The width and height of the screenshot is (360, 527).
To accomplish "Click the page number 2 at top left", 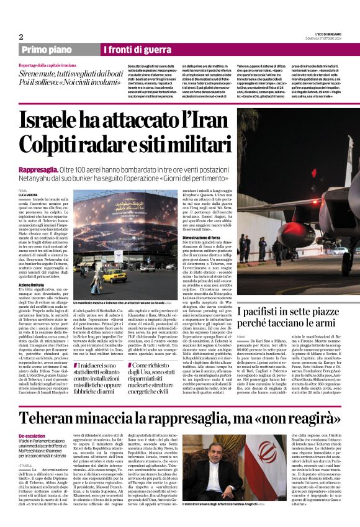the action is click(x=20, y=37).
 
